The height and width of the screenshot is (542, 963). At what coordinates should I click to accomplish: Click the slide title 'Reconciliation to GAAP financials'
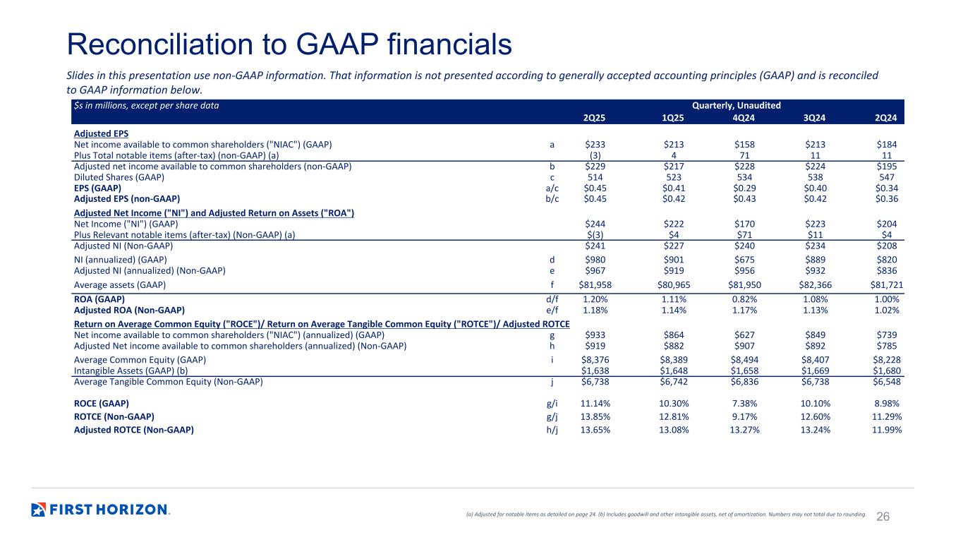[289, 44]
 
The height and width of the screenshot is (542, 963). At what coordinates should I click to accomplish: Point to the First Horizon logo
[100, 510]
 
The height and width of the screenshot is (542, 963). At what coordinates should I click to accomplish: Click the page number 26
[883, 516]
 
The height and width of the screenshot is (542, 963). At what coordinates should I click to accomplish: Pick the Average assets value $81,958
[594, 285]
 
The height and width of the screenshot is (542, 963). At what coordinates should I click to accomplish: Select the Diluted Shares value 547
[891, 177]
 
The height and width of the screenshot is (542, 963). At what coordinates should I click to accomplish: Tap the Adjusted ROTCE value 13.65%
[595, 429]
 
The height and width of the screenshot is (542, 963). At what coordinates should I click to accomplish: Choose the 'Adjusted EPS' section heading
[101, 133]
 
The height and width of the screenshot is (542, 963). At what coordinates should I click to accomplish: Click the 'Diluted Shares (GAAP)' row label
[119, 177]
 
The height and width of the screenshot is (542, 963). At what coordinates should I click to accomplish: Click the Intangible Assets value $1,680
[888, 371]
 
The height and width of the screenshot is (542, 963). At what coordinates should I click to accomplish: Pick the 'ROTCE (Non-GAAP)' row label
[114, 416]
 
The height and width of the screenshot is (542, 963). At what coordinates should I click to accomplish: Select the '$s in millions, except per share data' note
[146, 105]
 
